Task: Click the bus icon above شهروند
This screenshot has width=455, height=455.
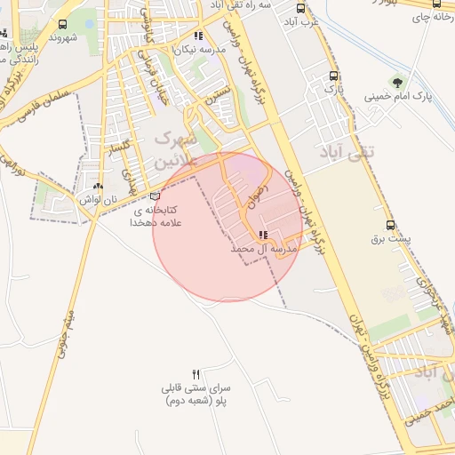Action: click(62, 25)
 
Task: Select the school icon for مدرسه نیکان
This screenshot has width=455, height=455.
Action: click(198, 37)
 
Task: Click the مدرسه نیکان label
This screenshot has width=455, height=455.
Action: click(203, 51)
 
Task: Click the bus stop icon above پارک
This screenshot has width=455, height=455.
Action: click(333, 76)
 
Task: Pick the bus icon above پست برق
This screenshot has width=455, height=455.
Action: click(391, 226)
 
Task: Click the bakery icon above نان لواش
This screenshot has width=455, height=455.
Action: click(98, 188)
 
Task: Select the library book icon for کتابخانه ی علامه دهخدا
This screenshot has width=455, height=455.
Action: click(156, 196)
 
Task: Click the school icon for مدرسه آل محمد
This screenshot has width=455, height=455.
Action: click(262, 235)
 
